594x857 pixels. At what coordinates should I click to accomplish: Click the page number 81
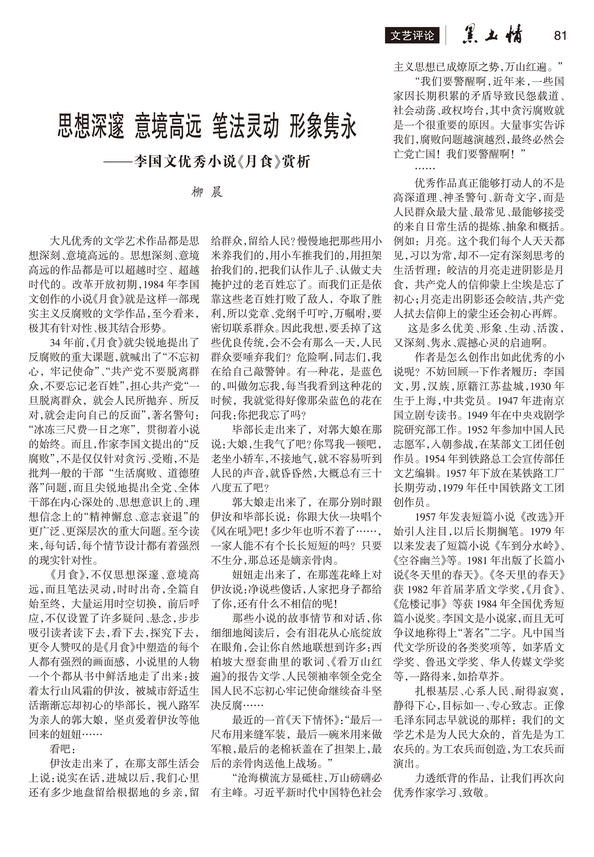(x=560, y=35)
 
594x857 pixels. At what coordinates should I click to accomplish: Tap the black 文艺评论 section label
(x=412, y=36)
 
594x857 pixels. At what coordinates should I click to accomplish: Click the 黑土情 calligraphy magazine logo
(x=492, y=35)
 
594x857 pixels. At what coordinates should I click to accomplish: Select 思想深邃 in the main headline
(x=91, y=127)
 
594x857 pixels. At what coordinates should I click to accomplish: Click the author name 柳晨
(x=207, y=192)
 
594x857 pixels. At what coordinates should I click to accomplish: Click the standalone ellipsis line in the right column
(x=425, y=168)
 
